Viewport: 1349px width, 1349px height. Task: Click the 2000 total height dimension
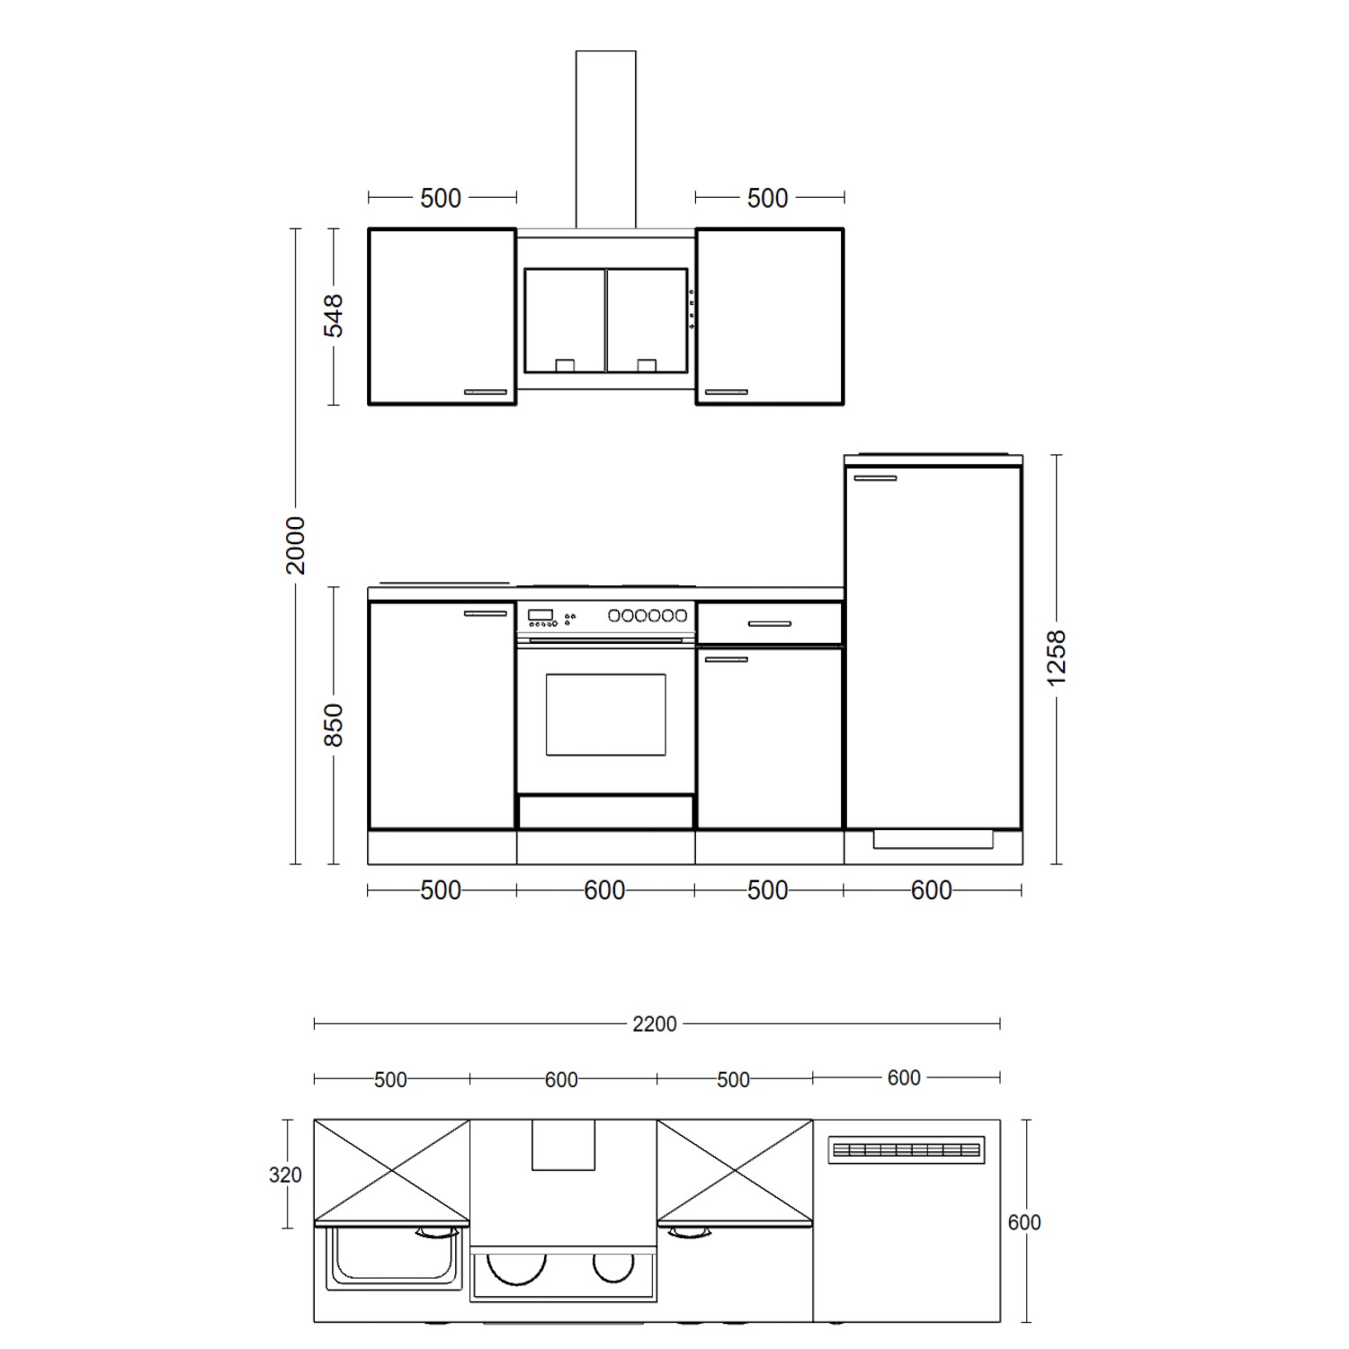(296, 545)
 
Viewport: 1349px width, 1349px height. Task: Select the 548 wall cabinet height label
(334, 315)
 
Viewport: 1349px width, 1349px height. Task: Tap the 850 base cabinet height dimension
(334, 725)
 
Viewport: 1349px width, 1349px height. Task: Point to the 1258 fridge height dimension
(1057, 658)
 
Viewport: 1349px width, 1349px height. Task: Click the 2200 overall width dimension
(654, 1023)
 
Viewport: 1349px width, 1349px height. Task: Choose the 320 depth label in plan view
(285, 1175)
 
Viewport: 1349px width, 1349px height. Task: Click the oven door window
(605, 715)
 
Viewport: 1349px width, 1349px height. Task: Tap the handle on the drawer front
(769, 623)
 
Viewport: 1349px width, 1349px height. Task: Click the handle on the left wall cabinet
(486, 392)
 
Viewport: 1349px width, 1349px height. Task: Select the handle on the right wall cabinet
(726, 392)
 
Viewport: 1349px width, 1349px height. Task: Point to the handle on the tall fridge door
(875, 478)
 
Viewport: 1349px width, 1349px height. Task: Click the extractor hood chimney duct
(605, 139)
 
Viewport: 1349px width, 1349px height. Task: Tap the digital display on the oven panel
(540, 615)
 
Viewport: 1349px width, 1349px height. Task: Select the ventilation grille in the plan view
(907, 1149)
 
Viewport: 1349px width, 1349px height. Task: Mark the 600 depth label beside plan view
(1024, 1222)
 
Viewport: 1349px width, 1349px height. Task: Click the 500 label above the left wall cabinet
(441, 198)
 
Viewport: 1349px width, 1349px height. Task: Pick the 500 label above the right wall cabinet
(767, 198)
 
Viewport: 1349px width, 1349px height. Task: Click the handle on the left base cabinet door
(486, 613)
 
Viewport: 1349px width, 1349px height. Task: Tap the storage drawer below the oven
(605, 811)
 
